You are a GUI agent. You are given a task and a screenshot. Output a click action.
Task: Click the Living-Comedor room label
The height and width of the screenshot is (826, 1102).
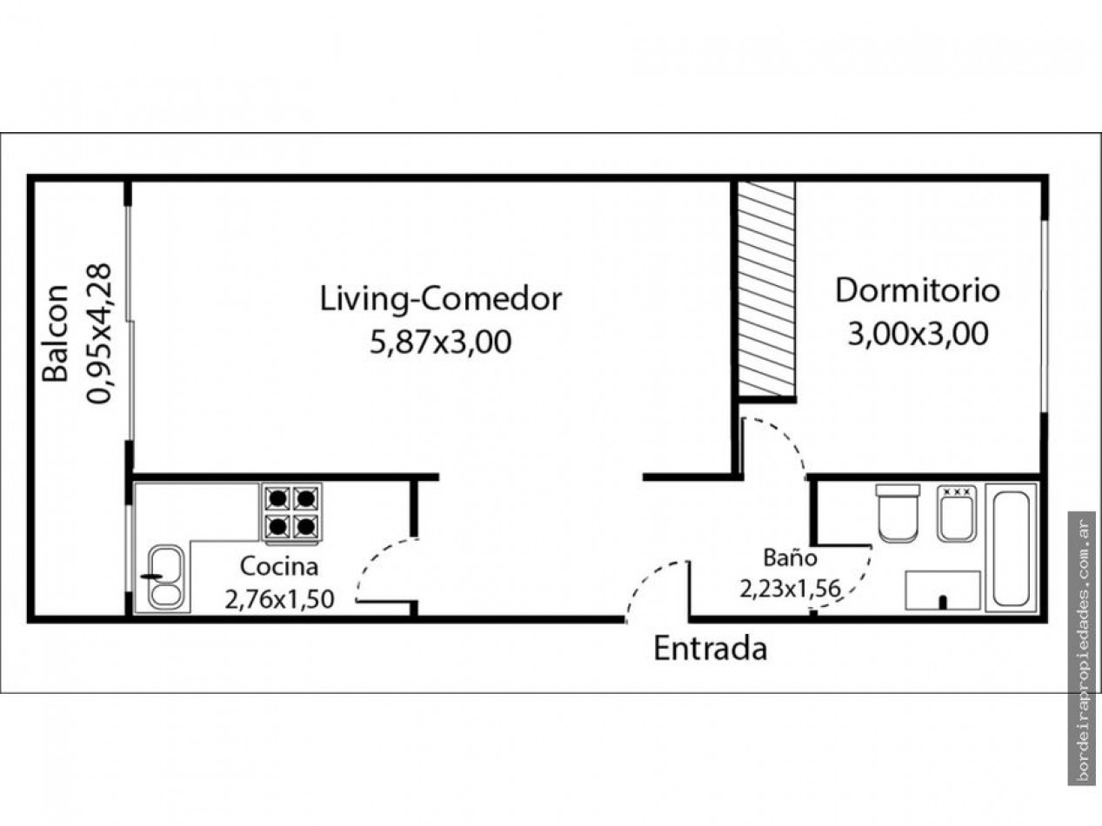point(441,300)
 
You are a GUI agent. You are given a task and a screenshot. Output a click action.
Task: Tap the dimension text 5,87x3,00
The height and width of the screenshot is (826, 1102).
point(441,343)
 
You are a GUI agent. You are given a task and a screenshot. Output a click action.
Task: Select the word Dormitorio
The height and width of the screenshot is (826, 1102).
point(918,290)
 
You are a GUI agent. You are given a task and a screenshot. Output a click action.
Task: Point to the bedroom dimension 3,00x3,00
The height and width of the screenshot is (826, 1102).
point(918,334)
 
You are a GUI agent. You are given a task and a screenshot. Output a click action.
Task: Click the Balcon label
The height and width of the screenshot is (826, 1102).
point(55,333)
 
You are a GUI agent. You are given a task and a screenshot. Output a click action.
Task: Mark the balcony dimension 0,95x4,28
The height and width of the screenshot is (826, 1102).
point(98,333)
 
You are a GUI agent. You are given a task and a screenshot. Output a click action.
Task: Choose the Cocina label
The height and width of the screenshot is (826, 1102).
point(279,567)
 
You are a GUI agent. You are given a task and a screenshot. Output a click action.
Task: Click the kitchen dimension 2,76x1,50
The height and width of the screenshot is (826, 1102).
point(280,599)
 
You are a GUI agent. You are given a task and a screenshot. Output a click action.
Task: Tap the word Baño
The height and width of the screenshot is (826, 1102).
point(791,557)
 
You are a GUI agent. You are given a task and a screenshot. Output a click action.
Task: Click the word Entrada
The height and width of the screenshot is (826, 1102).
point(711,649)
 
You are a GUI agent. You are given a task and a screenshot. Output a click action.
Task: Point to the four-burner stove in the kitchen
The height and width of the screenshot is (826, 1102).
point(291,513)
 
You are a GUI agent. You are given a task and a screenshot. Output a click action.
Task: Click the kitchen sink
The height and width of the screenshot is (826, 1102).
point(166,577)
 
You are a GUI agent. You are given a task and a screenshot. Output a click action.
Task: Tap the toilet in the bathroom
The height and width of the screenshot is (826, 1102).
point(898,513)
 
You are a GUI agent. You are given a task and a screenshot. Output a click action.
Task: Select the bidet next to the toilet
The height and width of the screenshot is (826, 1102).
point(957,513)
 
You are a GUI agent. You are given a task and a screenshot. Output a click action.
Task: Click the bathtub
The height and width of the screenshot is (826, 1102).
point(1012,548)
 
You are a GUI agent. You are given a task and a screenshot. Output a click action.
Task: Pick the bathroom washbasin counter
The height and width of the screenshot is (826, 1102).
point(943,590)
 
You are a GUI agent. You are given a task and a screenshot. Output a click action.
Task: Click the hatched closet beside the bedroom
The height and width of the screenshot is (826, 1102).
point(766,289)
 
